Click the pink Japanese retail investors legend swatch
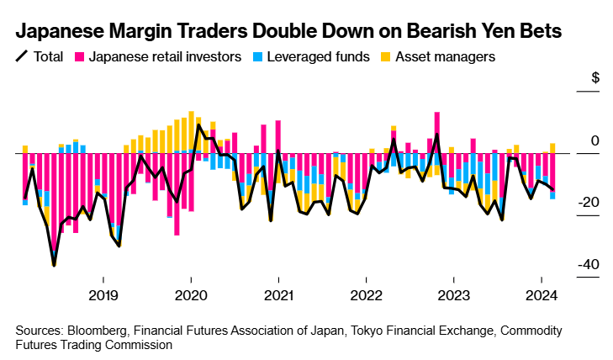click(x=81, y=57)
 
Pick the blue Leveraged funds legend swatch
click(x=258, y=57)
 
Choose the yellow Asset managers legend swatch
click(x=382, y=57)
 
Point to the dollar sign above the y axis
click(x=595, y=78)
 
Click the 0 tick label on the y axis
click(x=595, y=141)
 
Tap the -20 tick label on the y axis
click(x=588, y=203)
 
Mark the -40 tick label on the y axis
click(x=588, y=264)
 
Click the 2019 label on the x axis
click(x=103, y=295)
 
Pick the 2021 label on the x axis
click(x=278, y=295)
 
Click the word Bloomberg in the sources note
click(x=103, y=330)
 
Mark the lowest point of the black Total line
click(x=54, y=266)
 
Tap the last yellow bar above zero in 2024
click(x=552, y=148)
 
